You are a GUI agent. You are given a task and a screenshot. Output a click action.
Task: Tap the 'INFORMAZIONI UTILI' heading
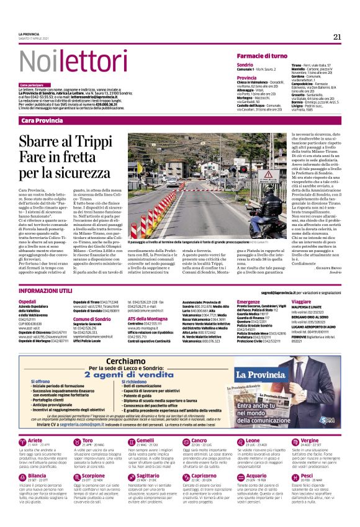coord(47,291)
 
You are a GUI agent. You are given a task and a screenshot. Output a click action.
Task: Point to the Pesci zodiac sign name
coord(306,493)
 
